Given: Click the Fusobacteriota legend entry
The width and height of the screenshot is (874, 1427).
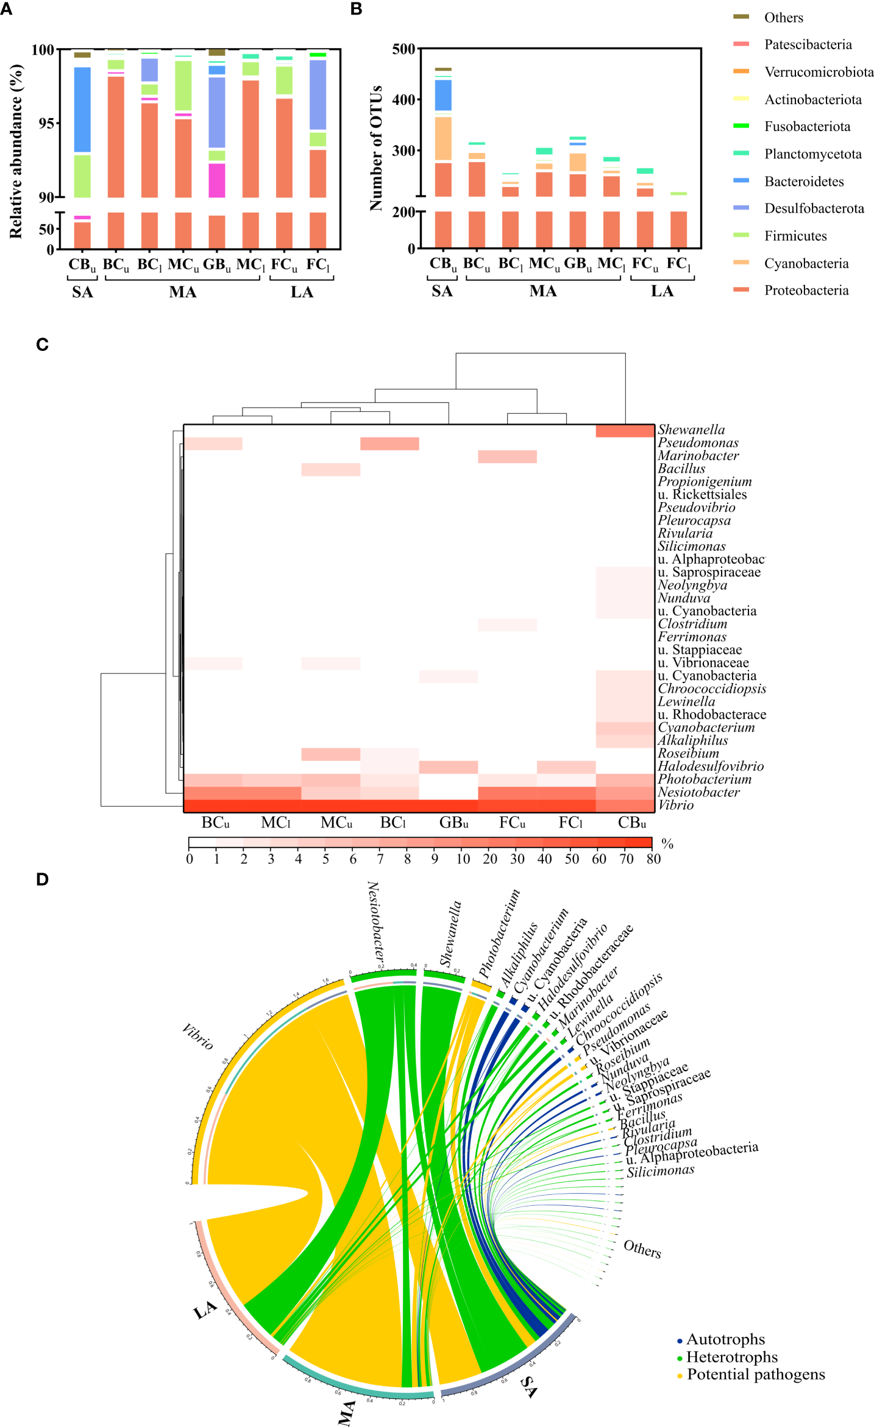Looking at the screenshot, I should point(806,127).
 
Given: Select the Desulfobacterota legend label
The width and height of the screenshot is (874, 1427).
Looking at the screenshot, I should point(814,208).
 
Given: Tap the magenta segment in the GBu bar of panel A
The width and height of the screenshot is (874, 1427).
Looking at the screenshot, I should point(216,180).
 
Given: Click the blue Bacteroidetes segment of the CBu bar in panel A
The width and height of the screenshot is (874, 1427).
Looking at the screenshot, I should point(82,110).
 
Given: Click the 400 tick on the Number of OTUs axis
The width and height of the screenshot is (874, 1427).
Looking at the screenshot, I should point(403,100).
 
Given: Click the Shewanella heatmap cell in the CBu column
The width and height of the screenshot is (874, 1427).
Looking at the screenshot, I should point(625,431).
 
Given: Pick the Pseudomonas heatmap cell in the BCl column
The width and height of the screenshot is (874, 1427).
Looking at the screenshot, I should point(389,444).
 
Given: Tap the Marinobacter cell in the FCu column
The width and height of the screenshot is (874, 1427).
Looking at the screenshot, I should point(507,456).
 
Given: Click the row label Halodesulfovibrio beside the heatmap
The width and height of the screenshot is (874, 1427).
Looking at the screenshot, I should point(710,767).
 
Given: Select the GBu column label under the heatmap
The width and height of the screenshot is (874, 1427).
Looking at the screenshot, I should point(453,823).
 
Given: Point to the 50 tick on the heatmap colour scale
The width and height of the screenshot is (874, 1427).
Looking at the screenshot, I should point(572,859).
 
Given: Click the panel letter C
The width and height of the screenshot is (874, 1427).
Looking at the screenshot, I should point(42,345).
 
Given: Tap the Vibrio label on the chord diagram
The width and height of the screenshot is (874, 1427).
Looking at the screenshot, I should point(197,1036).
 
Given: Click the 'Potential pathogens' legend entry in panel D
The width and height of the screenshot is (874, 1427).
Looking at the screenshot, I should point(755,1375).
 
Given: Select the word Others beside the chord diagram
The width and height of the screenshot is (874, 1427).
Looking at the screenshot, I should point(642,1249).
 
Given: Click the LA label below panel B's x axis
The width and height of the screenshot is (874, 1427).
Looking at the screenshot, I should point(662,291).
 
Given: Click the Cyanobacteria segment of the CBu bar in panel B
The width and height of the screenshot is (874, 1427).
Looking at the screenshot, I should point(443,138).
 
